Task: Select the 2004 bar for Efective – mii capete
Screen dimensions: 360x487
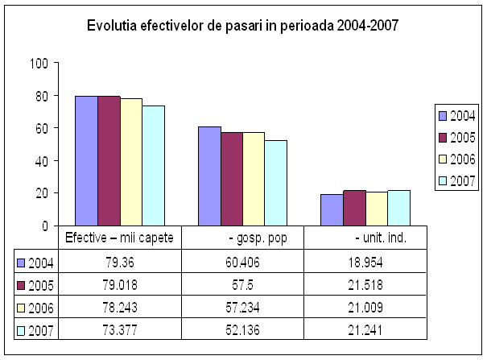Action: coord(86,161)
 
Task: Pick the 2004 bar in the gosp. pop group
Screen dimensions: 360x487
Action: coord(209,176)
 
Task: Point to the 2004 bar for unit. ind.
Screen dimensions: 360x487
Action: coord(332,210)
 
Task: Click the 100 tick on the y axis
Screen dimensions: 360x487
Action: coord(39,63)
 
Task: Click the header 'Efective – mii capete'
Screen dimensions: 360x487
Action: coord(124,238)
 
